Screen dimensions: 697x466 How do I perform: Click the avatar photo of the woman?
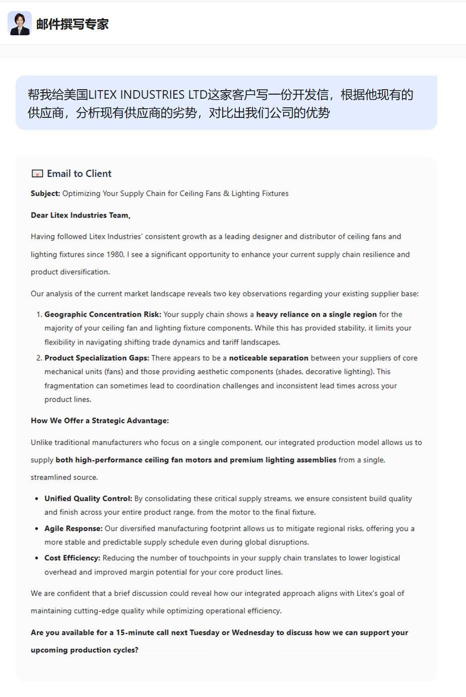(x=20, y=24)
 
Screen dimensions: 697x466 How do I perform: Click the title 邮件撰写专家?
(x=73, y=24)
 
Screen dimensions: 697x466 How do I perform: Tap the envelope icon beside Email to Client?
(x=37, y=174)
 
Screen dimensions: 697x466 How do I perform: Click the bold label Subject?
(x=45, y=193)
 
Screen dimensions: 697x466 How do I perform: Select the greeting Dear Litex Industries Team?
(x=81, y=215)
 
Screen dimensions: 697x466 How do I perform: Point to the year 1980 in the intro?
(x=115, y=254)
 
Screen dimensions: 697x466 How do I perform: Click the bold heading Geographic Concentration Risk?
(x=103, y=314)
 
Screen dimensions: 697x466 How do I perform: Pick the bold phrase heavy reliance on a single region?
(x=316, y=314)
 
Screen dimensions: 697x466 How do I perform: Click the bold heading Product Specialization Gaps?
(x=97, y=358)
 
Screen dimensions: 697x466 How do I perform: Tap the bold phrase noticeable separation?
(x=269, y=358)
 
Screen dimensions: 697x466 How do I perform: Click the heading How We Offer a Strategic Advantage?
(x=100, y=421)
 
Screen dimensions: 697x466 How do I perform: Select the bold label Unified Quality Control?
(x=88, y=499)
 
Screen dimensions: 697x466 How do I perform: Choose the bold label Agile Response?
(x=74, y=528)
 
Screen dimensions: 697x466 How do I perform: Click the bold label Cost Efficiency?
(x=72, y=558)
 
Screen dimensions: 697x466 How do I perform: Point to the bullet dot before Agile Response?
(x=37, y=529)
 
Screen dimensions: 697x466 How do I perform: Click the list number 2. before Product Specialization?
(x=39, y=358)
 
